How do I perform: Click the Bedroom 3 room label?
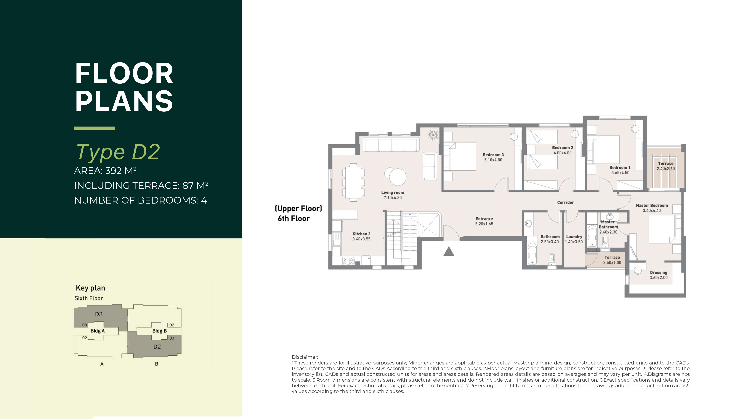coord(493,155)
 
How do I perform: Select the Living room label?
coord(392,192)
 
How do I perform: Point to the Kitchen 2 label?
coord(361,234)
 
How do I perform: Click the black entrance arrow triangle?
coord(449,251)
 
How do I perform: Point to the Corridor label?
coord(565,202)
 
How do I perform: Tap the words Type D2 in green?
coord(118,152)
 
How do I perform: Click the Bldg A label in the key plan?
coord(98,331)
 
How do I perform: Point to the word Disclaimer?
coord(305,357)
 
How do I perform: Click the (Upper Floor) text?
coord(298,209)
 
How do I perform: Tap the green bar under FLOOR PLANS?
coord(94,128)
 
